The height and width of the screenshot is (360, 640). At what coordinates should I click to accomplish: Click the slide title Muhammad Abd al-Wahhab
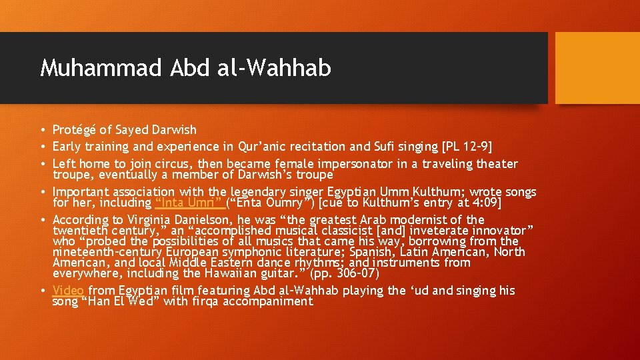(185, 68)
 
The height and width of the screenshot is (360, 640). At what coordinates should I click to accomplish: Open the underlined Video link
(68, 291)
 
